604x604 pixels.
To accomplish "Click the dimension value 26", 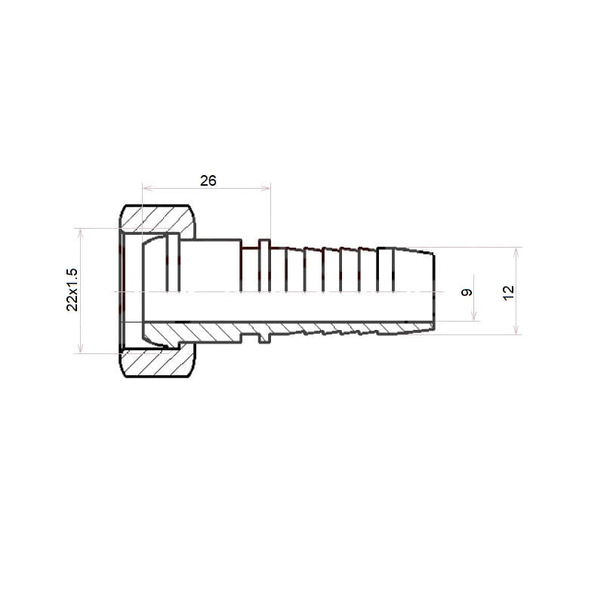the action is pyautogui.click(x=208, y=180).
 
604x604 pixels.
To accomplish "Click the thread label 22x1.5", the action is pyautogui.click(x=72, y=290).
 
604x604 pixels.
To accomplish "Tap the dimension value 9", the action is pyautogui.click(x=467, y=292).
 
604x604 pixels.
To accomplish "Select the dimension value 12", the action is pyautogui.click(x=508, y=293).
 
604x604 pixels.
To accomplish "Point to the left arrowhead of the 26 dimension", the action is pyautogui.click(x=147, y=188).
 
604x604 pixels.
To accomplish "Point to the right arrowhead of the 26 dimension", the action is pyautogui.click(x=266, y=188).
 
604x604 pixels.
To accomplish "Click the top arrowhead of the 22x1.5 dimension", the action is pyautogui.click(x=80, y=233).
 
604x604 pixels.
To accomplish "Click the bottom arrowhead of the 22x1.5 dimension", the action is pyautogui.click(x=80, y=348).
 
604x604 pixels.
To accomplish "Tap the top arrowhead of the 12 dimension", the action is pyautogui.click(x=516, y=252).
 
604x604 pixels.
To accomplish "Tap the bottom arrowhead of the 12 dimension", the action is pyautogui.click(x=516, y=329).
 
